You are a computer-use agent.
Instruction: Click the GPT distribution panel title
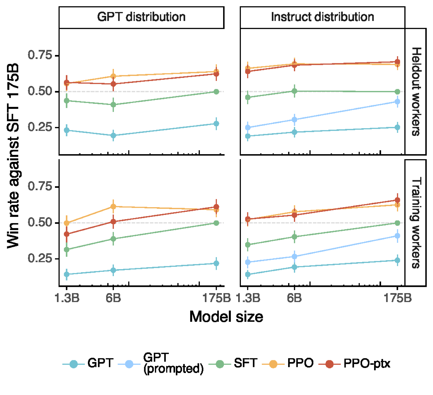[x=141, y=17]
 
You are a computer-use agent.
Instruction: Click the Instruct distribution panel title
[x=322, y=17]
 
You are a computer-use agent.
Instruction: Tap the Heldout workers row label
[x=416, y=92]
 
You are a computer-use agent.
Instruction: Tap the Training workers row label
[x=416, y=222]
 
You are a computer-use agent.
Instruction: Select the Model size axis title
[x=226, y=317]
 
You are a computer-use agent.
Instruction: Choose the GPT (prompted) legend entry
[x=161, y=363]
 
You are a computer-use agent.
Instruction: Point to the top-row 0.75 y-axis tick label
[x=40, y=55]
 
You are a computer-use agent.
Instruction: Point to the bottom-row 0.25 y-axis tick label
[x=40, y=258]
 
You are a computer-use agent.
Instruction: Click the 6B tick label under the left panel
[x=113, y=298]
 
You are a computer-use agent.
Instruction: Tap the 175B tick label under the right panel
[x=398, y=298]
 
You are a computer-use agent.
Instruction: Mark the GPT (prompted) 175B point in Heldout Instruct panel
[x=397, y=102]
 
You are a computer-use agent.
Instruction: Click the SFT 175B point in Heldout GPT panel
[x=216, y=92]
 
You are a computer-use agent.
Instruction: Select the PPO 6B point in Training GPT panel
[x=113, y=206]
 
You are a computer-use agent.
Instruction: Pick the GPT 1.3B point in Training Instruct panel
[x=248, y=274]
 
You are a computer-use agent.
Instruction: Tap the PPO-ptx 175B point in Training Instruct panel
[x=397, y=200]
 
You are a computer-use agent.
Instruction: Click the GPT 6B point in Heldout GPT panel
[x=113, y=136]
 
